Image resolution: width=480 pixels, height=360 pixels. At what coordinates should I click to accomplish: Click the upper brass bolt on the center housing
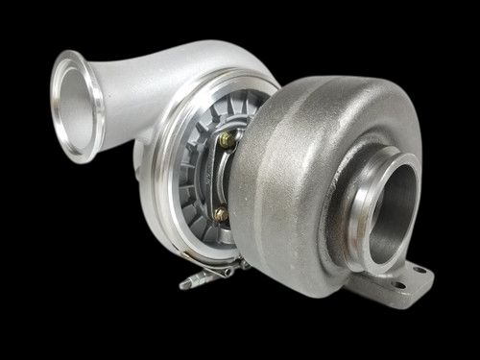(x=227, y=140)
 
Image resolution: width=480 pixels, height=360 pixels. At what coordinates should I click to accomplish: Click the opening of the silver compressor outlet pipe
(x=78, y=101)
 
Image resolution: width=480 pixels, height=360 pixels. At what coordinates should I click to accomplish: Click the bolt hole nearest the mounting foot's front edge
(x=394, y=284)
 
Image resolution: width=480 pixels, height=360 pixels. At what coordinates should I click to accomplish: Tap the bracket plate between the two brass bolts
(x=222, y=178)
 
